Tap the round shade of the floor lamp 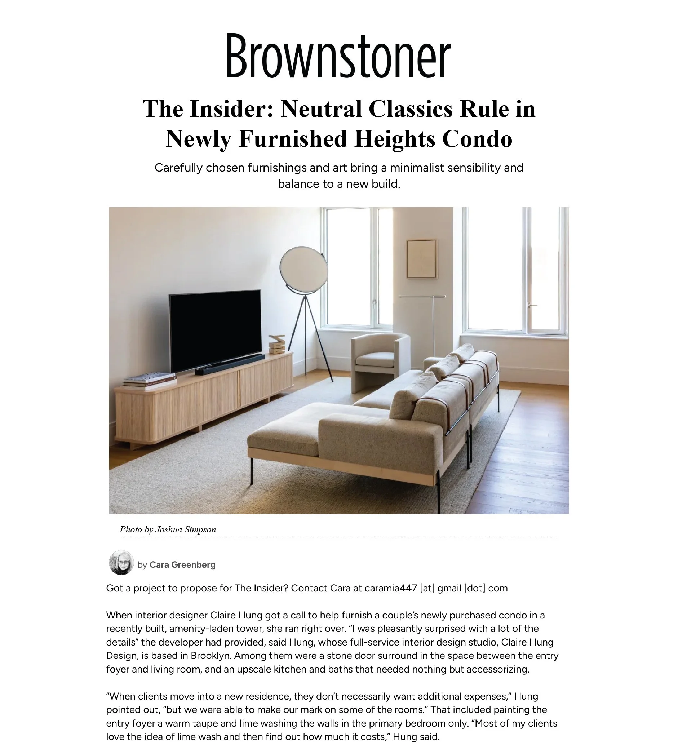pyautogui.click(x=303, y=270)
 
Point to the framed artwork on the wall pyautogui.click(x=421, y=259)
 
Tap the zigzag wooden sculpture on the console pyautogui.click(x=277, y=344)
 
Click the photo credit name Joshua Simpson pyautogui.click(x=186, y=530)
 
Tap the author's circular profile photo pyautogui.click(x=121, y=563)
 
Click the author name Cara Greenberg pyautogui.click(x=182, y=565)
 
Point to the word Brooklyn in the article pyautogui.click(x=211, y=656)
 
